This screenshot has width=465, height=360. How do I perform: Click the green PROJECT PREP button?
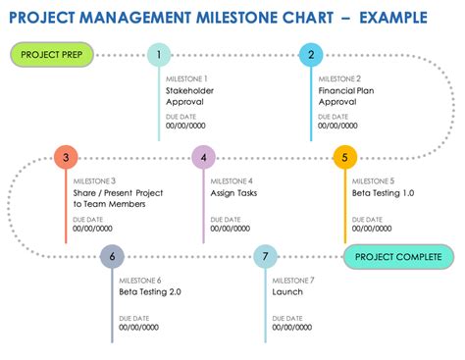[x=50, y=55]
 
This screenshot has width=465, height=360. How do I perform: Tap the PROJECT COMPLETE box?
[x=391, y=258]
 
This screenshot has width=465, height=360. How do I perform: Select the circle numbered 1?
[x=158, y=55]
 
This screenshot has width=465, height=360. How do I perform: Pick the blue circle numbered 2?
[x=311, y=55]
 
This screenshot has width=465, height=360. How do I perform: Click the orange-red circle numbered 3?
[x=65, y=157]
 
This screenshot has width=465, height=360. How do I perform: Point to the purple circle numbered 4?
[x=203, y=157]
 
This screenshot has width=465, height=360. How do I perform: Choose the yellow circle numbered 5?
[x=344, y=157]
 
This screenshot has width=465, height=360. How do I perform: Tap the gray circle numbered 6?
[x=113, y=258]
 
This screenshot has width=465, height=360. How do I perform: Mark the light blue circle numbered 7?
[x=265, y=258]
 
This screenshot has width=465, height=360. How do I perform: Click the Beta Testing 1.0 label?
[x=383, y=194]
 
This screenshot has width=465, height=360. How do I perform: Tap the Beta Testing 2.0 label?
[x=150, y=291]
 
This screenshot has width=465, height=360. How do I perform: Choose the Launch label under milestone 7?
[x=287, y=291]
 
